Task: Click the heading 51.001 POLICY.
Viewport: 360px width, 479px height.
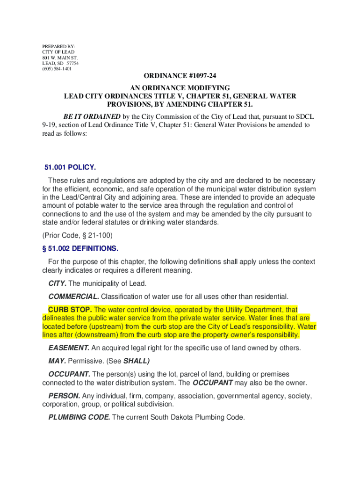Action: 70,167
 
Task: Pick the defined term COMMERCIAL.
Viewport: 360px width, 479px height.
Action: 74,296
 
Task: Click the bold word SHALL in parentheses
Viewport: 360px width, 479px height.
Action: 136,361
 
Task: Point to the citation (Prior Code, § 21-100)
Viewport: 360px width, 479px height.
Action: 78,235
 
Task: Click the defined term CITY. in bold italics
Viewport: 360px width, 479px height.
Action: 58,283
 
